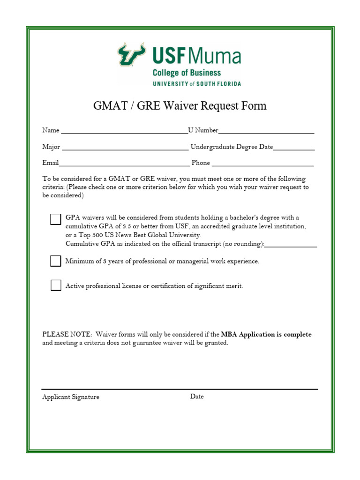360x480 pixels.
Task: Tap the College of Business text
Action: [187, 73]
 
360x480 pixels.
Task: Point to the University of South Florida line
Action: [196, 83]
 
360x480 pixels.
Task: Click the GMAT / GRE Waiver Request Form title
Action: [180, 106]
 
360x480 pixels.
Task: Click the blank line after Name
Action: [124, 131]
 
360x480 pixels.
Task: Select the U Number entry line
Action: [266, 131]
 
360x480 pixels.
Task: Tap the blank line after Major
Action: [125, 148]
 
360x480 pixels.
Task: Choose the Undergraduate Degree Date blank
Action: [294, 148]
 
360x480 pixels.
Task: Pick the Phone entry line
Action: [262, 164]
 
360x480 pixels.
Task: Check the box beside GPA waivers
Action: [56, 219]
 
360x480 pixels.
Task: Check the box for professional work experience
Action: [56, 261]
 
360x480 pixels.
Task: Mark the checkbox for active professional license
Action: [56, 285]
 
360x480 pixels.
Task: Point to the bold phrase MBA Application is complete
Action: [266, 335]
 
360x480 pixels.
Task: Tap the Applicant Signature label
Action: [71, 397]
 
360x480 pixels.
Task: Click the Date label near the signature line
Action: [197, 397]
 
